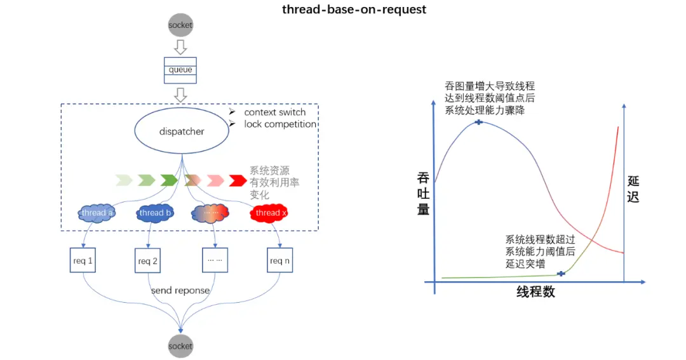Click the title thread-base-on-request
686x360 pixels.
(x=354, y=10)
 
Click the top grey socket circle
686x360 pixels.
(x=180, y=25)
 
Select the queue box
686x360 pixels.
(x=180, y=70)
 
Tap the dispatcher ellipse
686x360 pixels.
(x=182, y=131)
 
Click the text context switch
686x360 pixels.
(x=275, y=112)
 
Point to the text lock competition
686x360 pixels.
(x=280, y=124)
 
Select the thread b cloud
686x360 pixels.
(x=155, y=213)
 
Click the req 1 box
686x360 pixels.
(x=84, y=261)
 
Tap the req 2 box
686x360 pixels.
(x=148, y=261)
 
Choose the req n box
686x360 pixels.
(x=280, y=261)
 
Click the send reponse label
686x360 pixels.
(x=180, y=290)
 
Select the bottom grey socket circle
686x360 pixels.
(x=180, y=346)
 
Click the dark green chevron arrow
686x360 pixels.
(x=169, y=180)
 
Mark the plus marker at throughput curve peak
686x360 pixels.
(x=479, y=121)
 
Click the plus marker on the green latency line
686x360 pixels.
(x=561, y=274)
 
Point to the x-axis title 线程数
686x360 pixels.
(x=535, y=292)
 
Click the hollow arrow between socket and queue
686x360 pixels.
(x=180, y=47)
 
